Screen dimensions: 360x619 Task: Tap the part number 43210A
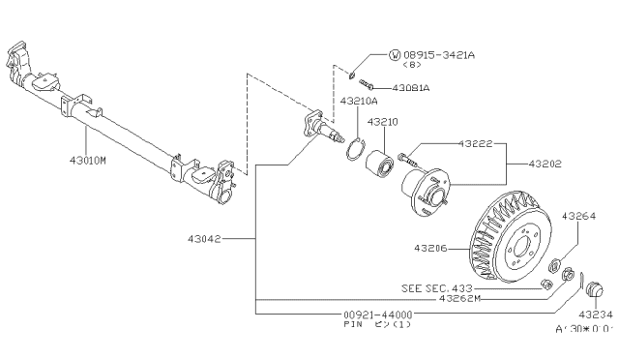click(x=358, y=101)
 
